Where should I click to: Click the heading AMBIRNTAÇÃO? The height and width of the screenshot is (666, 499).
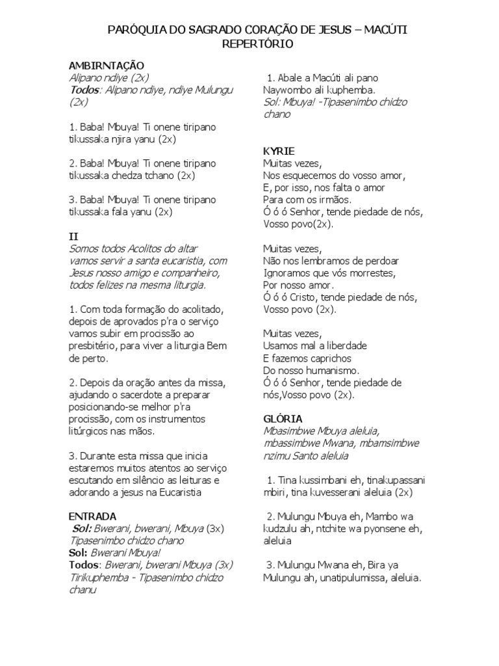[107, 66]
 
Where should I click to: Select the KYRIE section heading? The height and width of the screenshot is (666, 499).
[279, 151]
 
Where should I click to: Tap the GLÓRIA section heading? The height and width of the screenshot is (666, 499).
[283, 419]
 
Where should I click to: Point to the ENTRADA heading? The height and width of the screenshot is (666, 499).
[93, 516]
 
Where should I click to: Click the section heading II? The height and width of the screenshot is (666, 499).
[73, 236]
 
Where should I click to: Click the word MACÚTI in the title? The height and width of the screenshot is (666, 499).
[387, 30]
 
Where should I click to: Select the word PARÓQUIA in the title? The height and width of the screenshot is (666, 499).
[134, 30]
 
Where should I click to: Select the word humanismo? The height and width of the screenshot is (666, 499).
[324, 370]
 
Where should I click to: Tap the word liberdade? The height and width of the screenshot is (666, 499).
[342, 345]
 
